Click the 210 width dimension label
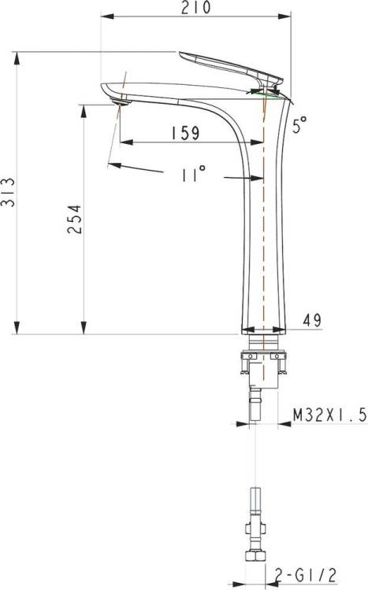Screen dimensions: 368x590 (x=195, y=8)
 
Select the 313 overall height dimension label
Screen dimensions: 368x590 (x=8, y=192)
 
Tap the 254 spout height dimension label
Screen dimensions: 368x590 (x=74, y=219)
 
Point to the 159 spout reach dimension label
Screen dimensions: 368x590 (x=185, y=133)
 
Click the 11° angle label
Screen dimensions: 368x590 (x=194, y=174)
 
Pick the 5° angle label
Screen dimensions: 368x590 (x=299, y=124)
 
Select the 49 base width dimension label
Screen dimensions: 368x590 (x=312, y=320)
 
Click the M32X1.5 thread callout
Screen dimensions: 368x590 (x=330, y=416)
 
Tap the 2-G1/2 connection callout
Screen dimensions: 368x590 (x=305, y=575)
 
